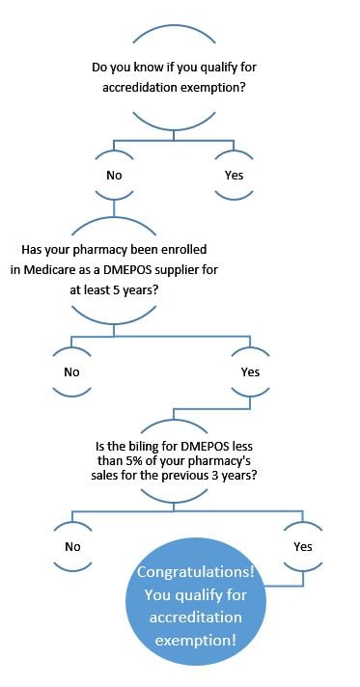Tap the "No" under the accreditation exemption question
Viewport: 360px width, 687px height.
click(x=114, y=175)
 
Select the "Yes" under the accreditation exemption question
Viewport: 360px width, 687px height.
click(x=235, y=175)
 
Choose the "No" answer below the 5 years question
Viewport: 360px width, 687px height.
click(x=71, y=371)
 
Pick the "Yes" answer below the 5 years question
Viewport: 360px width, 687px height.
click(x=250, y=371)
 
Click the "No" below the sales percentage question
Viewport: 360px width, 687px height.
click(x=72, y=546)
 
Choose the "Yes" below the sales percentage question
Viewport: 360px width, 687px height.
click(x=303, y=546)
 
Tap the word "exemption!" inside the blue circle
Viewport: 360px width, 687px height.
click(x=198, y=640)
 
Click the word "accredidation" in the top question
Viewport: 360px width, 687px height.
click(x=142, y=87)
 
